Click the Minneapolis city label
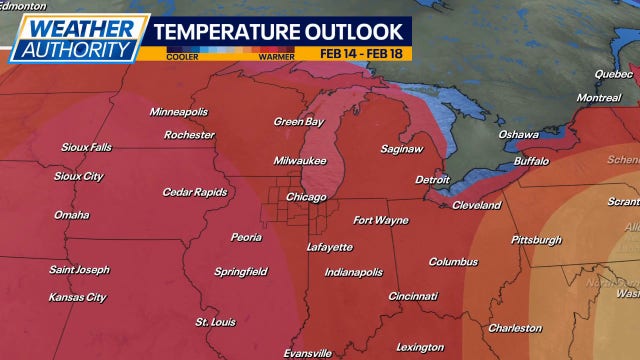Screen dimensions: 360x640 (178, 111)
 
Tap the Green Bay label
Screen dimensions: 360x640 (299, 122)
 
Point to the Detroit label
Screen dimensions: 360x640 (433, 180)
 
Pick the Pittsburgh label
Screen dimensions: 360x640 (536, 240)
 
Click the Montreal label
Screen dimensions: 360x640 (598, 98)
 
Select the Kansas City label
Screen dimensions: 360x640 (77, 297)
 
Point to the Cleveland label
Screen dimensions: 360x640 (476, 205)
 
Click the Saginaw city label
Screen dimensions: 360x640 (401, 149)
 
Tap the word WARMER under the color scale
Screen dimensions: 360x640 (278, 57)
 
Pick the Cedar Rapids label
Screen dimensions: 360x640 (195, 192)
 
